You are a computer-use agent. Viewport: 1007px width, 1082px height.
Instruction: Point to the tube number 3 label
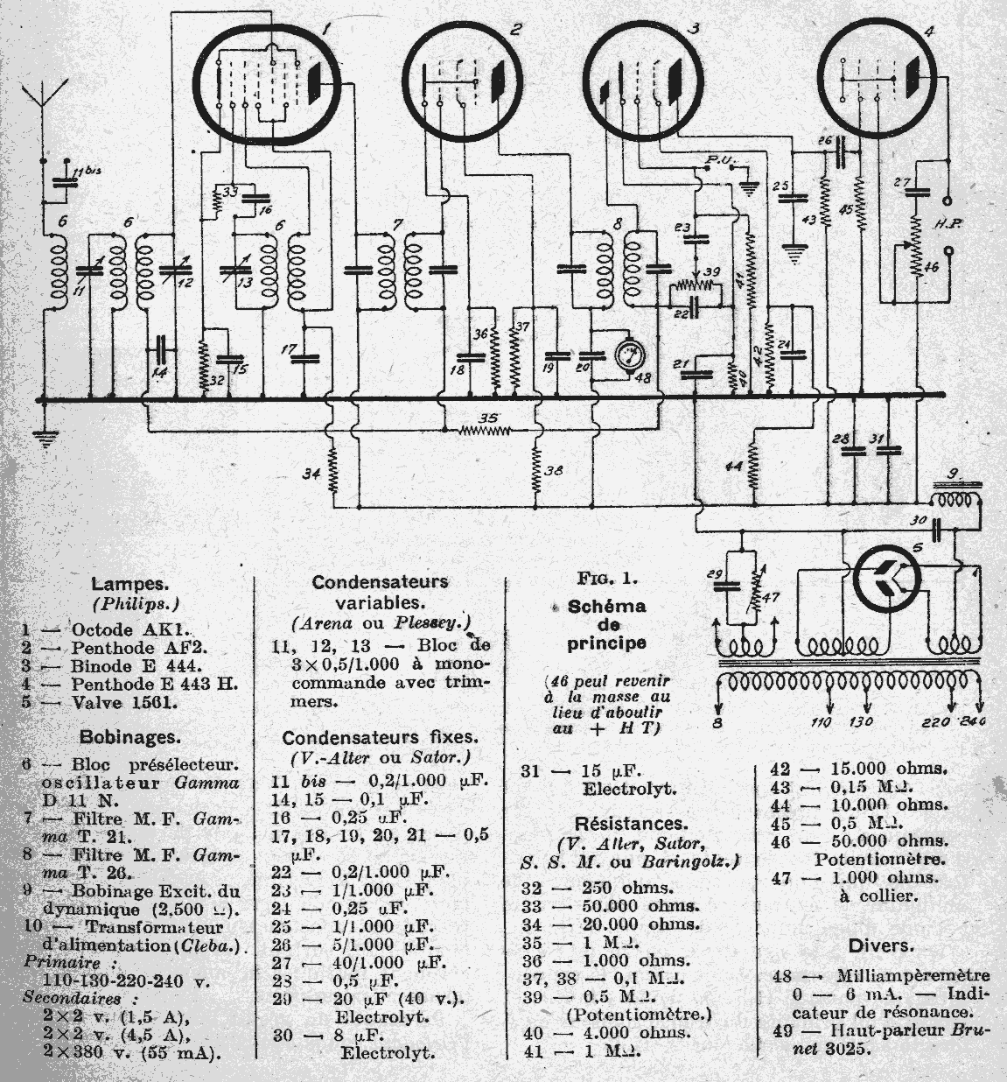coord(693,28)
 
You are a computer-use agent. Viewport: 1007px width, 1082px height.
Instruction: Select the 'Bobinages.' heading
coord(130,736)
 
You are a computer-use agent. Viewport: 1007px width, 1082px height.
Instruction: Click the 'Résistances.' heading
coord(630,824)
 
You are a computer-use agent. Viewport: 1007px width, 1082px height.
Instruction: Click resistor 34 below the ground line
coord(332,473)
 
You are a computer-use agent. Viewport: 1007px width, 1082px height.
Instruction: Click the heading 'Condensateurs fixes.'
coord(380,737)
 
